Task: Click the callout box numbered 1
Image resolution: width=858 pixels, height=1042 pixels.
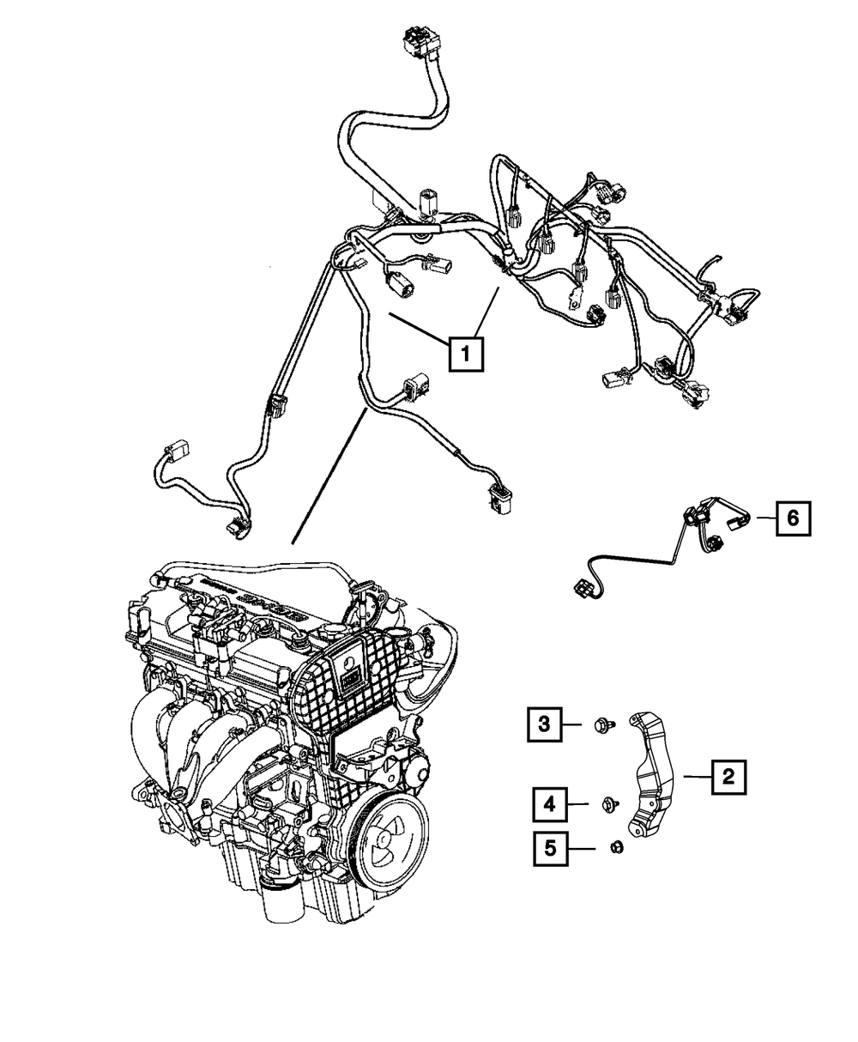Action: [464, 353]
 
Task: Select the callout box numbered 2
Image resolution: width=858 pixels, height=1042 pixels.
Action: [727, 778]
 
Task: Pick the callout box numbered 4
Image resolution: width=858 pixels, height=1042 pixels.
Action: [549, 804]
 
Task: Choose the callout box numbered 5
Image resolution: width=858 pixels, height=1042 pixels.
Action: [550, 849]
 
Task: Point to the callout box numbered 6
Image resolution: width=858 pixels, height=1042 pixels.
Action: [793, 518]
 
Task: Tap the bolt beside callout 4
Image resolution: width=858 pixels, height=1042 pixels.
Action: [611, 804]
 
